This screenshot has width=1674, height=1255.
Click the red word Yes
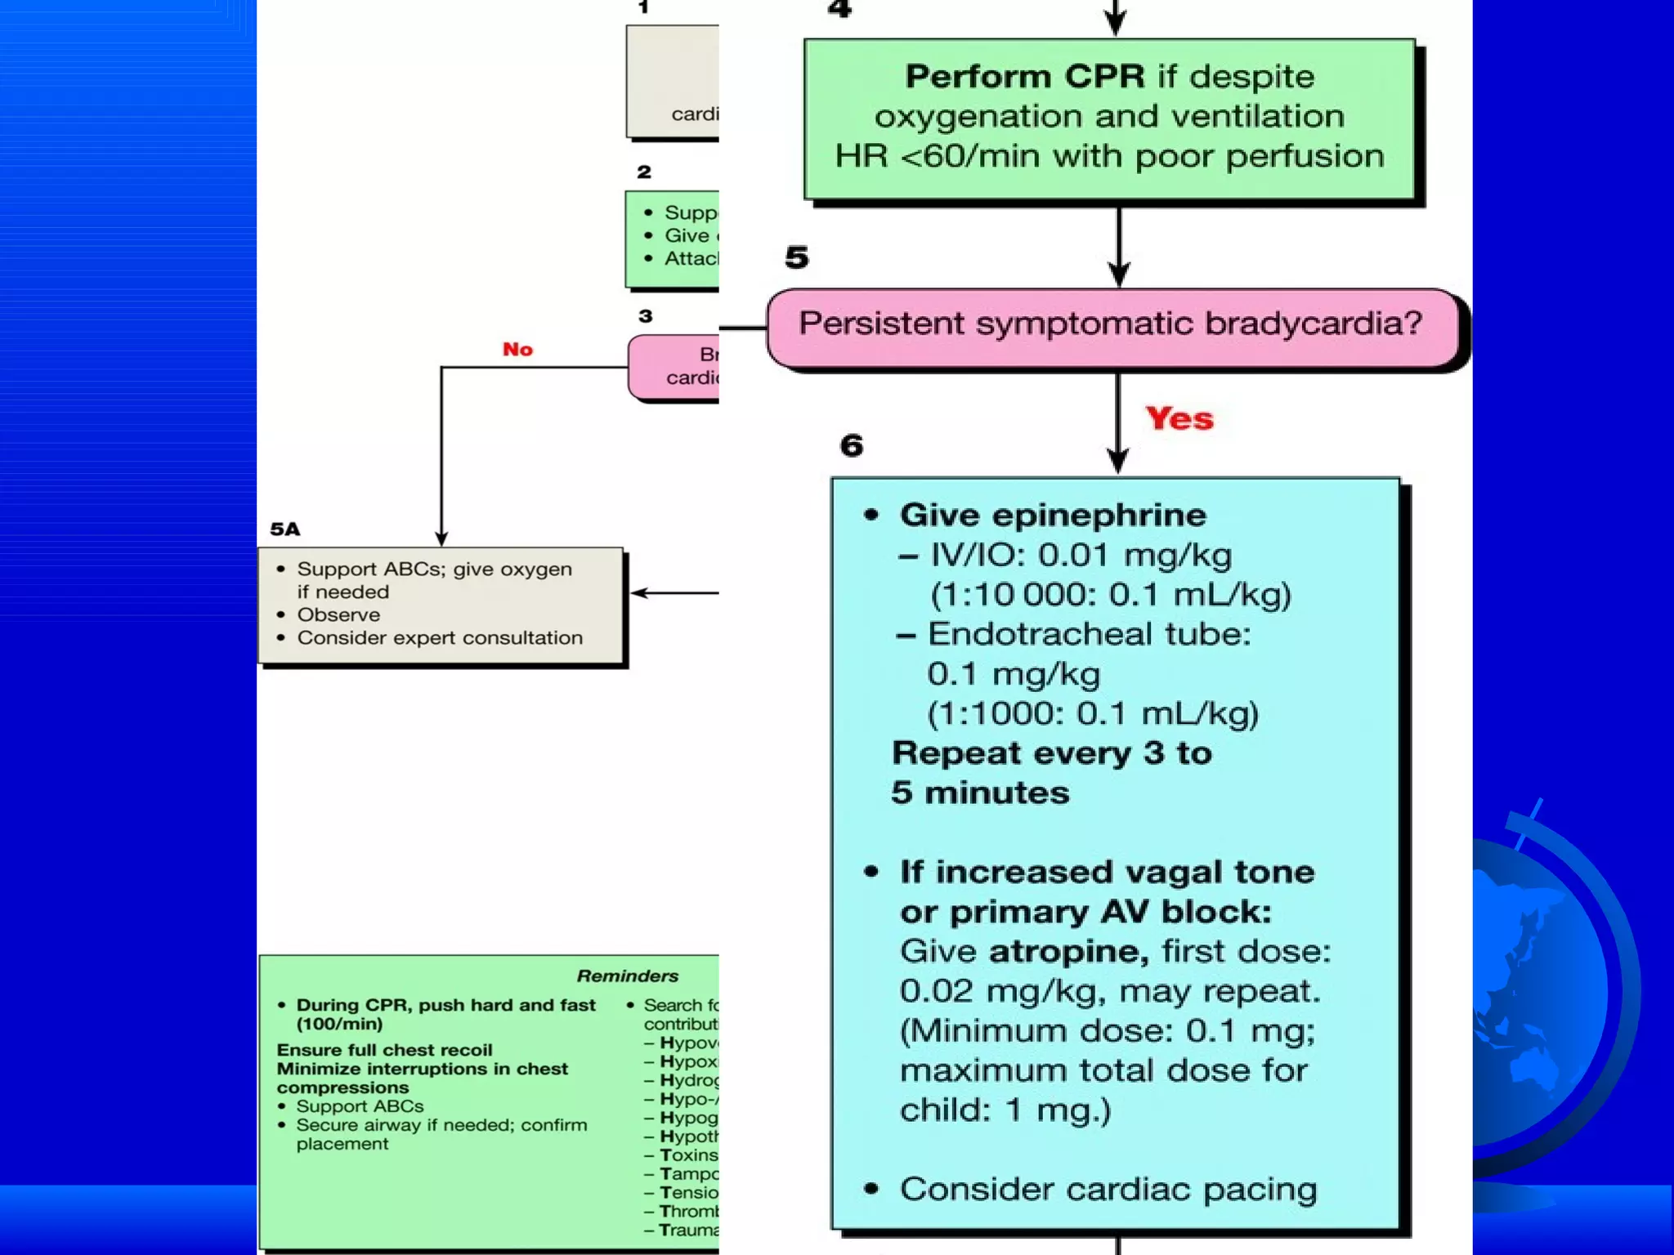pos(1179,418)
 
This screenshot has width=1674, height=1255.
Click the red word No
pos(517,350)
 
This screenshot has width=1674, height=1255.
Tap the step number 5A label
pos(285,529)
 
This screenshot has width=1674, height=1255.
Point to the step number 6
pos(852,446)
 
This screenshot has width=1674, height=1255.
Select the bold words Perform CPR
pos(1025,77)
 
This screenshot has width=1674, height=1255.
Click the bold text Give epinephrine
pos(1053,516)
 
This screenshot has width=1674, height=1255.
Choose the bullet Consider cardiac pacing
pos(1108,1190)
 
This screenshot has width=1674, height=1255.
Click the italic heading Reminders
pos(627,976)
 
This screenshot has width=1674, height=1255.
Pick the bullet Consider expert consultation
pos(440,638)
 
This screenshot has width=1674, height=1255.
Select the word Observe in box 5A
pos(338,615)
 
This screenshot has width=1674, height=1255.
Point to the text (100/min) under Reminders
pos(339,1025)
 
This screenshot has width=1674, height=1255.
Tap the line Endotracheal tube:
pos(1089,635)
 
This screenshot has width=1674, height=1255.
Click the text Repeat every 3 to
pos(1052,753)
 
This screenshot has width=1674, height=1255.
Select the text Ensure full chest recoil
pos(384,1050)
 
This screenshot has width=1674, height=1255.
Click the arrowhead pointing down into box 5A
pos(441,539)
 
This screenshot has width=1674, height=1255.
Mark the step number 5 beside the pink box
pos(797,258)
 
